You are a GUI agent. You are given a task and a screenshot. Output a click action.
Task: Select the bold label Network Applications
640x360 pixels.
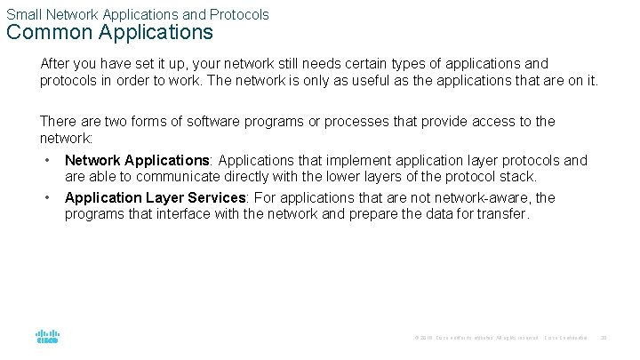136,161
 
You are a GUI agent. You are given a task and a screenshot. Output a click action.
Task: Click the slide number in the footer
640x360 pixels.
604,338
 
